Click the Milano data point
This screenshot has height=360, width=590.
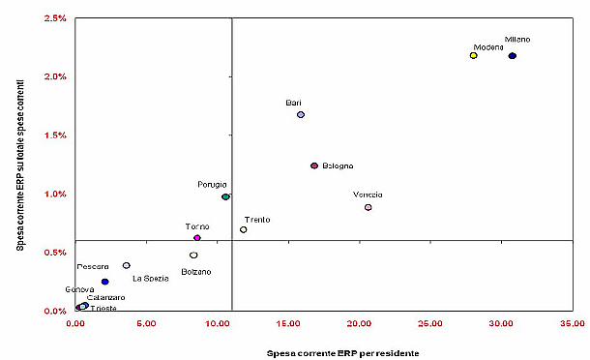[513, 56]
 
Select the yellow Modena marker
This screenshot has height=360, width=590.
[473, 56]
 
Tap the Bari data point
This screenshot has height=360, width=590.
[301, 114]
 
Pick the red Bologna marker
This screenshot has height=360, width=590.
[314, 165]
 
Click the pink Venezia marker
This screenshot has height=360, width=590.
[369, 207]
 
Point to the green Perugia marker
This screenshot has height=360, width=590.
[225, 196]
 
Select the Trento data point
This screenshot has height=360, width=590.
[244, 229]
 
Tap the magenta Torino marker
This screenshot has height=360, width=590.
[197, 237]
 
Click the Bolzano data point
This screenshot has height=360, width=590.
[193, 255]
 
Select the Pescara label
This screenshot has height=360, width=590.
[94, 265]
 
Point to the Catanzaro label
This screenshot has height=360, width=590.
[105, 297]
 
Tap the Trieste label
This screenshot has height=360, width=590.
[103, 308]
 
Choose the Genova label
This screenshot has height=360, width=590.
[80, 289]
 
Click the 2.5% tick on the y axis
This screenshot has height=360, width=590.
[52, 18]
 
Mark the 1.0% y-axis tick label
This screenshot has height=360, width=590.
[52, 194]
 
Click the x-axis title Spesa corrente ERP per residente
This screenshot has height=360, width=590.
[342, 352]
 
